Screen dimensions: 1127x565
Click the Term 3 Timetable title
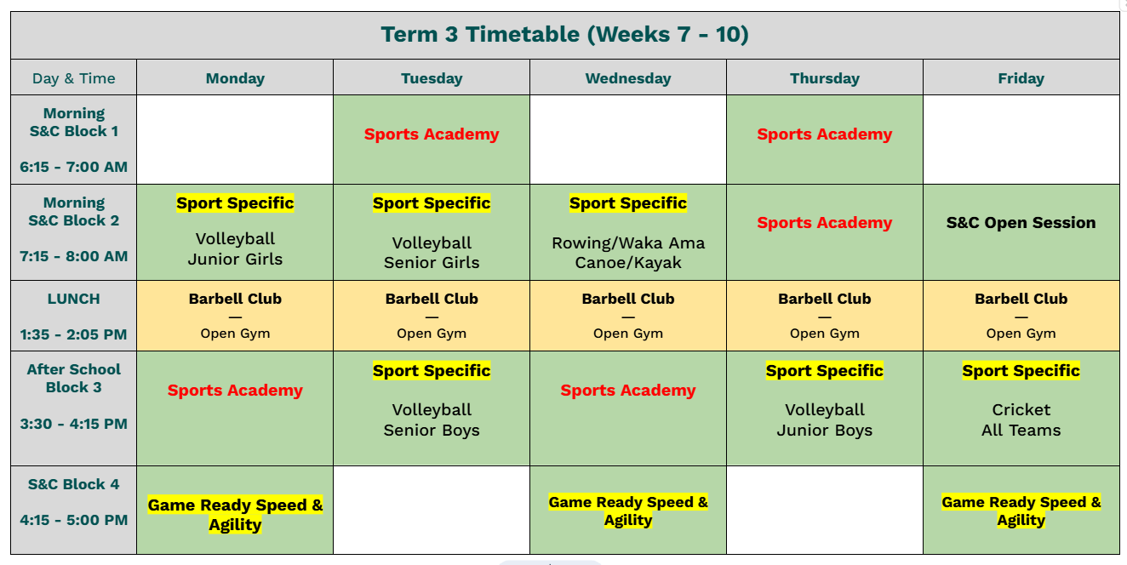[564, 35]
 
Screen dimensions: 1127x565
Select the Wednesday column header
[628, 78]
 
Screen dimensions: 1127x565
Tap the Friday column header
[1021, 78]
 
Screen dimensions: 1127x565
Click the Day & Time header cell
[73, 78]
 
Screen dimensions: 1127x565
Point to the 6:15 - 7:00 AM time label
[73, 167]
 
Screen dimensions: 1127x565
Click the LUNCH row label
[73, 299]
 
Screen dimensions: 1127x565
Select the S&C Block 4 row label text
[73, 484]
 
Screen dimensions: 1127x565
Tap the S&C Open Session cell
[1021, 222]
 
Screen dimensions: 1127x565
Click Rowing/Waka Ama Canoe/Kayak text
[628, 253]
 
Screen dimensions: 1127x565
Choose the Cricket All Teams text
[1021, 420]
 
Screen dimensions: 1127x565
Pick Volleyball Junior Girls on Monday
[235, 248]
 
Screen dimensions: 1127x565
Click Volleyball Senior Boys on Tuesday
[432, 420]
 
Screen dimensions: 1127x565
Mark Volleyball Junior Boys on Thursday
[825, 420]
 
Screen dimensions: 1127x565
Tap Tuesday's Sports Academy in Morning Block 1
[432, 134]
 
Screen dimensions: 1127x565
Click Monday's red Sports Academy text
[235, 391]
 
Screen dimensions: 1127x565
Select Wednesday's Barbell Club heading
[628, 299]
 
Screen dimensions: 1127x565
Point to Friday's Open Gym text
[1021, 334]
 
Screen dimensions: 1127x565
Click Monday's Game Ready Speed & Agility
[235, 514]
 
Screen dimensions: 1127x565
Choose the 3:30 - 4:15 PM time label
[73, 424]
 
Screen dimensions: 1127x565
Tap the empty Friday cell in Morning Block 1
[1021, 140]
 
